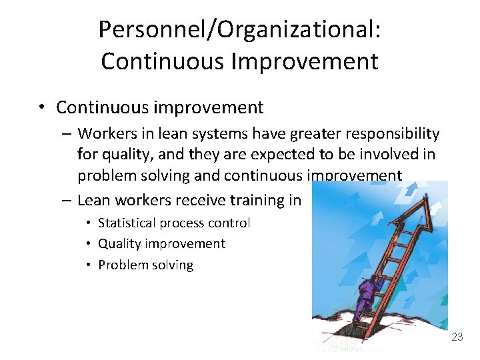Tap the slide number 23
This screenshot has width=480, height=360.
click(x=457, y=337)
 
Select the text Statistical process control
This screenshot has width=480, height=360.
click(x=173, y=223)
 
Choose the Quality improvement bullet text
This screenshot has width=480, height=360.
click(x=161, y=243)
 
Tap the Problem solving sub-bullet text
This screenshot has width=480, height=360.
click(x=145, y=265)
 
